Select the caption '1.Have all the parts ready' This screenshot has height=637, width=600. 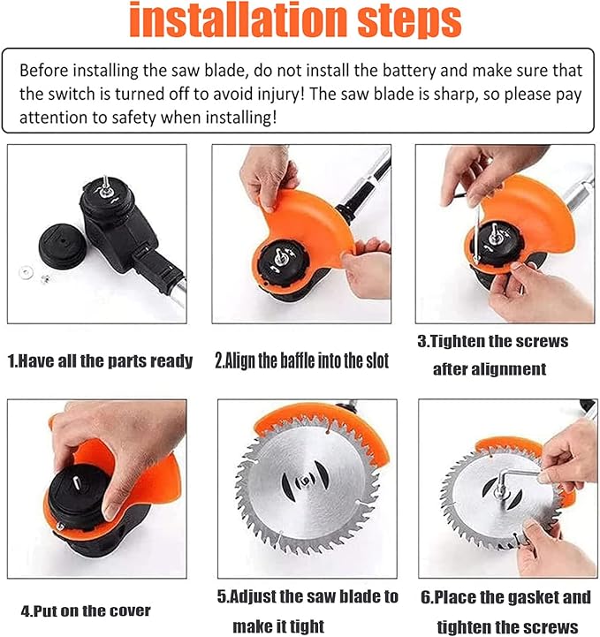[x=100, y=360]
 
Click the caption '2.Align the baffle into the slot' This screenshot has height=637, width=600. [x=302, y=360]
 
